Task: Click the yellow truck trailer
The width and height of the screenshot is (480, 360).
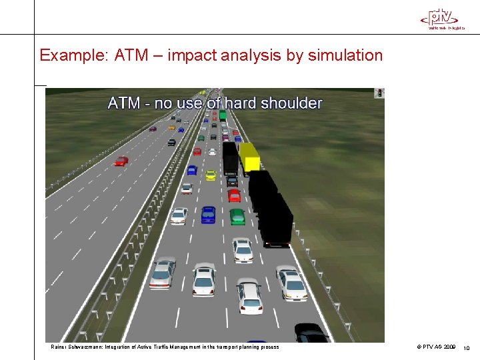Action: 249,157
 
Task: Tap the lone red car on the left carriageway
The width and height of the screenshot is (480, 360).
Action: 121,161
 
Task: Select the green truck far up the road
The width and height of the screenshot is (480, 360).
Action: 223,116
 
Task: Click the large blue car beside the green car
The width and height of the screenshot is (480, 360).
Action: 209,214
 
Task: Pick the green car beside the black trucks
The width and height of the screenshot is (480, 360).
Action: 237,216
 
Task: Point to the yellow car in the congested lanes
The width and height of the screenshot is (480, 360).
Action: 211,175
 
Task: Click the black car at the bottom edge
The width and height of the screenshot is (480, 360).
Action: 311,333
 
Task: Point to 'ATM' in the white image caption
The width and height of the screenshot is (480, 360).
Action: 124,103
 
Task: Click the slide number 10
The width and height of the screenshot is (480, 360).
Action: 467,347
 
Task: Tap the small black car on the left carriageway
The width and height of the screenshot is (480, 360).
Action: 171,142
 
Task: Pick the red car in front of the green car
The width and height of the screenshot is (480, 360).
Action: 234,195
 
